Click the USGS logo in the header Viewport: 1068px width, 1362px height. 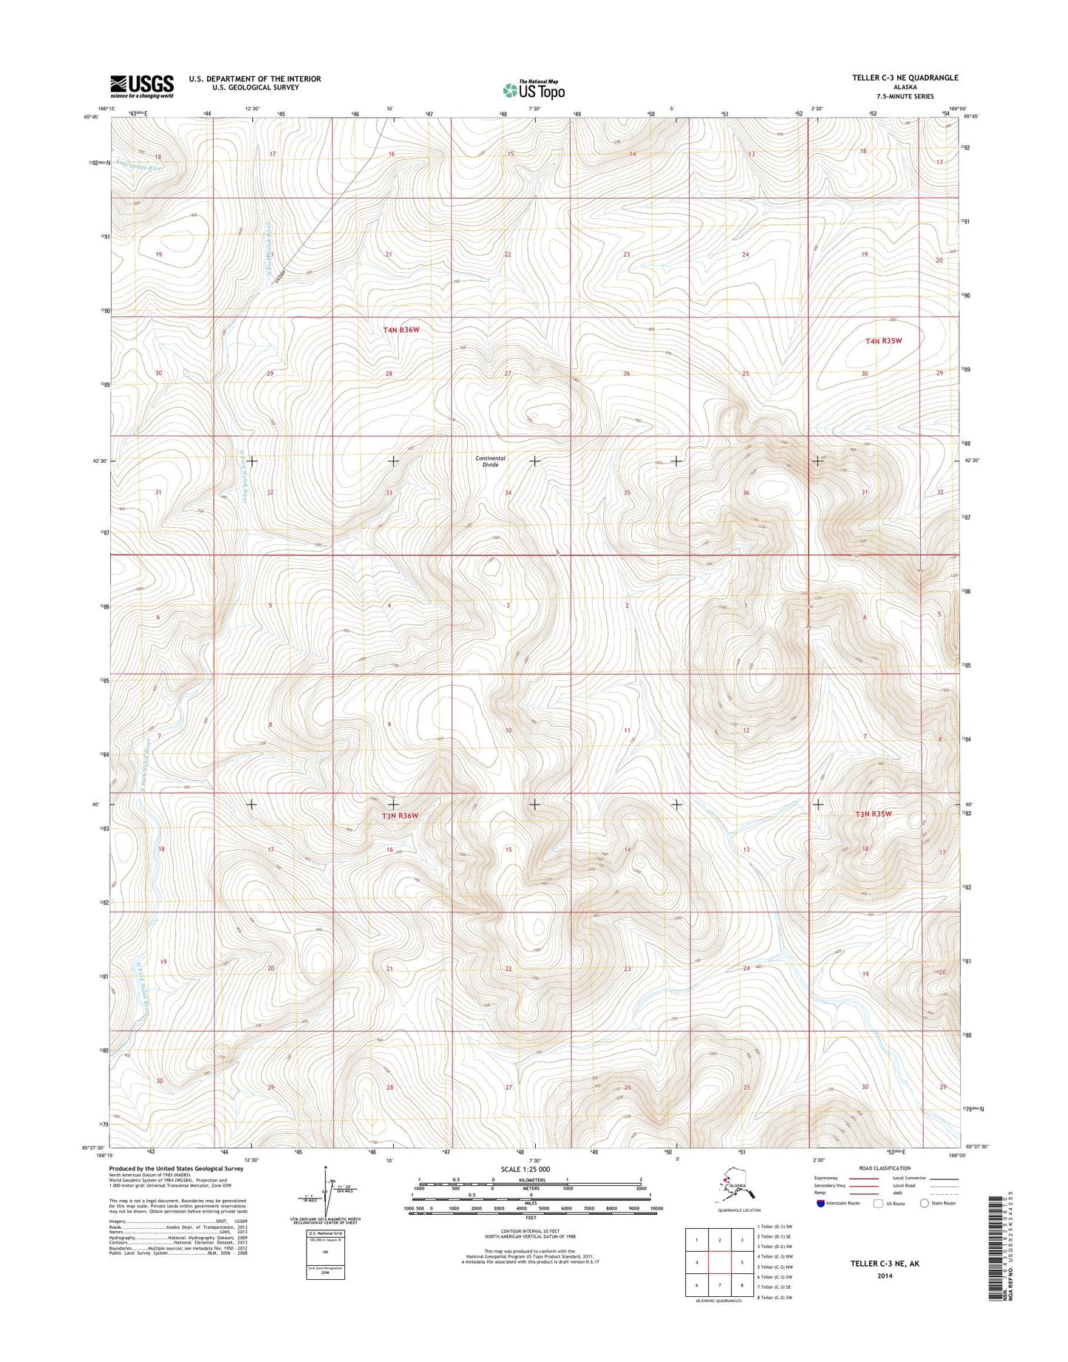[x=142, y=86]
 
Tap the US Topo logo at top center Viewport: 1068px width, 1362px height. [x=534, y=89]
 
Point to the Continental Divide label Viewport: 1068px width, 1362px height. [x=490, y=461]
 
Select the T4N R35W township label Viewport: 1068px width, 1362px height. [x=884, y=341]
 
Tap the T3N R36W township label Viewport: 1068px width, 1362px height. [x=400, y=816]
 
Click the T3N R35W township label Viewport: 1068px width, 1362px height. [x=874, y=813]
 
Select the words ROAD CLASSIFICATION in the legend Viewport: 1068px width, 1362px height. [x=885, y=1168]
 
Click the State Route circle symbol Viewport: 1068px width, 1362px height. [x=924, y=1203]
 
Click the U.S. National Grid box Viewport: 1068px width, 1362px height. [x=325, y=1254]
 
